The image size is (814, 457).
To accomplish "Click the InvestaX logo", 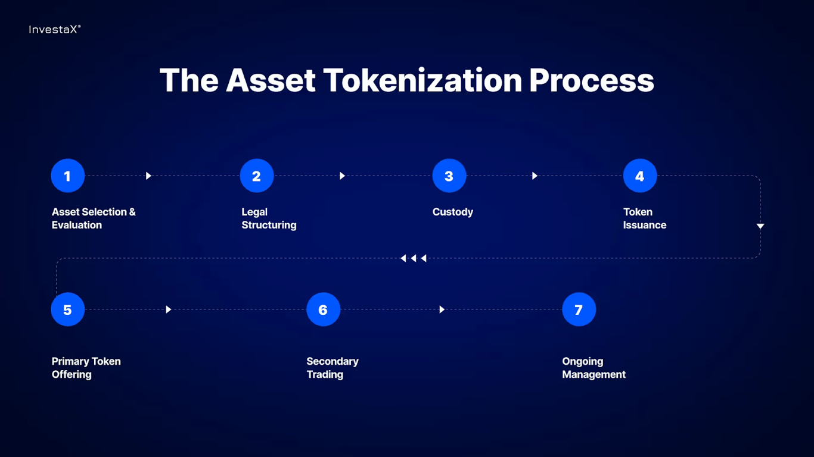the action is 54,29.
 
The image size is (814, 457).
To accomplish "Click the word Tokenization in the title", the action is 422,80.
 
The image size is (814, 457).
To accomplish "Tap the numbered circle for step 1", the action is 68,176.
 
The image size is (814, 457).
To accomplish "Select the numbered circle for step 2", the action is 257,176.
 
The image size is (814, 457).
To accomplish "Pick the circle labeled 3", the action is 449,176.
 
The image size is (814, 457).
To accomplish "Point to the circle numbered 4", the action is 640,176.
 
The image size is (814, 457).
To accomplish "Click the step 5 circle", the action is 68,309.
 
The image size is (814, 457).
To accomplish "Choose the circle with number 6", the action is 323,309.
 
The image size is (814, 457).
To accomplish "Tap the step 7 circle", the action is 579,309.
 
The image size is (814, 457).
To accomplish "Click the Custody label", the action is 453,212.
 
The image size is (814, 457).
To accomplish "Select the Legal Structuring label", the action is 269,218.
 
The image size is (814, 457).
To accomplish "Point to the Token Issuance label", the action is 645,218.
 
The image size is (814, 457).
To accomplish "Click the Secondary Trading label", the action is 333,368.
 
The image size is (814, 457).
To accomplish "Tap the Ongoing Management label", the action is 594,368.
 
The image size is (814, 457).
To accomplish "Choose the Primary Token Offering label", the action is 86,368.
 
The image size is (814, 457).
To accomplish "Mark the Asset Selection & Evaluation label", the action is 94,218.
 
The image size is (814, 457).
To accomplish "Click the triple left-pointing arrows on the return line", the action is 414,258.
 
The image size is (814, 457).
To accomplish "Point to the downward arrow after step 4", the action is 760,226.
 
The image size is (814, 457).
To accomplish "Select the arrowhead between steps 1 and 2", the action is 148,176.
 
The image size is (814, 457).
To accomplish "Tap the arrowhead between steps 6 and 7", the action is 442,309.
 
